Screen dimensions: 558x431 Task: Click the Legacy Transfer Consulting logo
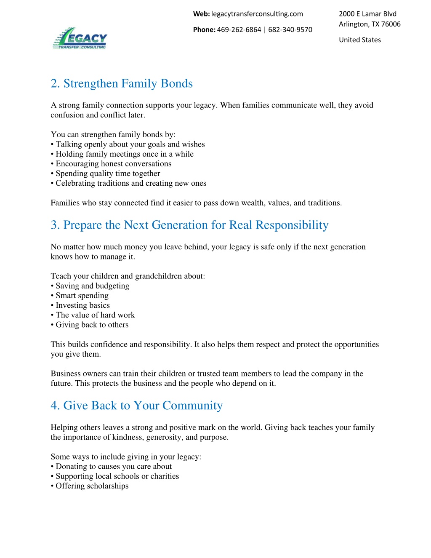click(x=80, y=39)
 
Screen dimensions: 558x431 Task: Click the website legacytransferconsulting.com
click(x=257, y=14)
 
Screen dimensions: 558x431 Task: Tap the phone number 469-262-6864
click(x=239, y=30)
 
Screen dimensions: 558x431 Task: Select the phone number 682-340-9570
click(x=290, y=30)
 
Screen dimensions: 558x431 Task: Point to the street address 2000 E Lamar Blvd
click(x=367, y=14)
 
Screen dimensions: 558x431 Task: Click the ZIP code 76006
click(x=391, y=24)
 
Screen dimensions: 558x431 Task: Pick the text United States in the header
click(x=360, y=40)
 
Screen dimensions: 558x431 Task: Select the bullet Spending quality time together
click(x=108, y=174)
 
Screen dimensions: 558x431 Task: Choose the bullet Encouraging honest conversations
click(x=113, y=164)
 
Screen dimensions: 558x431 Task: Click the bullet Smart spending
click(x=82, y=296)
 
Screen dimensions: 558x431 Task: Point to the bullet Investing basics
click(x=82, y=305)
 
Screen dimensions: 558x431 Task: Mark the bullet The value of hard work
click(x=95, y=315)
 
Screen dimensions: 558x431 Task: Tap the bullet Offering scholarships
click(x=92, y=486)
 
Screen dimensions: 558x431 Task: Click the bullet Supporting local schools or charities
click(x=117, y=476)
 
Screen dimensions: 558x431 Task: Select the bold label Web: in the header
click(x=201, y=14)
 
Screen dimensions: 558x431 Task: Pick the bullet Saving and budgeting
click(x=92, y=286)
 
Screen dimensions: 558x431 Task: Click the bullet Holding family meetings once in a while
click(x=125, y=154)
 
